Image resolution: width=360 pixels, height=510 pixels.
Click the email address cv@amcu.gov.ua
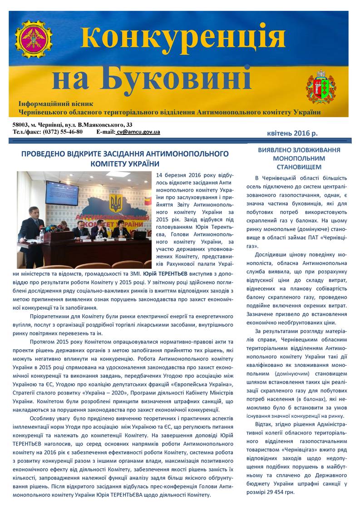pyautogui.click(x=138, y=132)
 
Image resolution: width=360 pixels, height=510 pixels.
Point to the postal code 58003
pyautogui.click(x=21, y=124)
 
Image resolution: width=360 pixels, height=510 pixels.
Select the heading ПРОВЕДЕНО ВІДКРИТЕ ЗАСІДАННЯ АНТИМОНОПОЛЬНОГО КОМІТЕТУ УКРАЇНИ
pyautogui.click(x=125, y=158)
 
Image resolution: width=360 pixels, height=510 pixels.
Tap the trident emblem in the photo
pyautogui.click(x=116, y=203)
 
